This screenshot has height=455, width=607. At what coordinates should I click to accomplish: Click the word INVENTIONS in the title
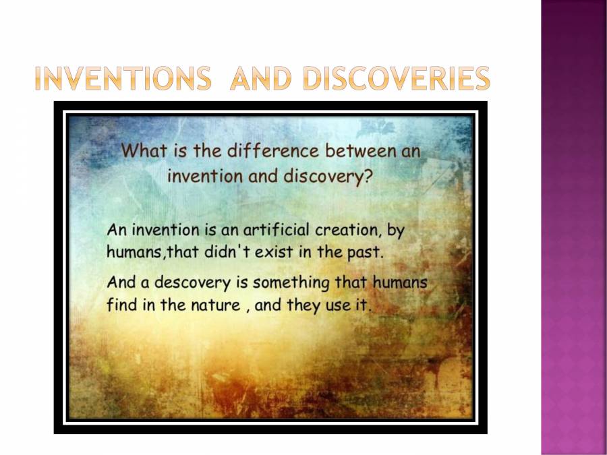point(122,80)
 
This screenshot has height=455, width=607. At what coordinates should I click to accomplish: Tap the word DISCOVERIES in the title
point(396,80)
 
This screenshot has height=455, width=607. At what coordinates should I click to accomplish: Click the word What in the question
point(143,150)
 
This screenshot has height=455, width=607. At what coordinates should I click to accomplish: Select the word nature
point(214,305)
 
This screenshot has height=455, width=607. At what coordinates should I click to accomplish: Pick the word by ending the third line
point(396,231)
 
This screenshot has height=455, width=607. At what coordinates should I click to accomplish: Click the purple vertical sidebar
point(573,227)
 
